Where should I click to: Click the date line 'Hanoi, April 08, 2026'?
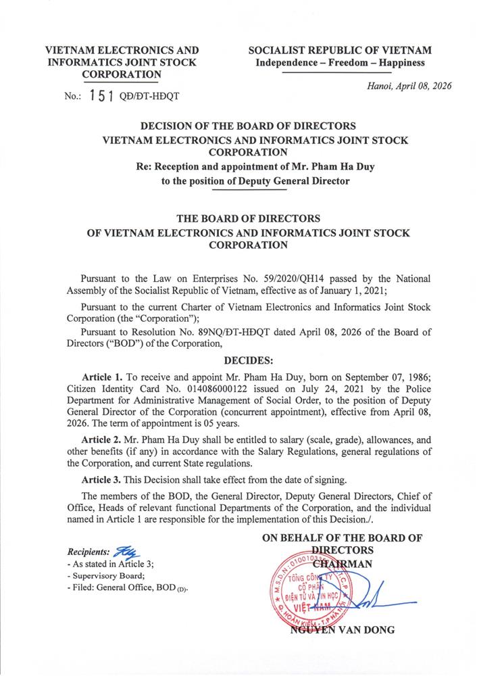[x=409, y=86]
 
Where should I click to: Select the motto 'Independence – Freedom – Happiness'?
[x=340, y=63]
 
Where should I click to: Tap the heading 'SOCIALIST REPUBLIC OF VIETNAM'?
[x=340, y=51]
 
